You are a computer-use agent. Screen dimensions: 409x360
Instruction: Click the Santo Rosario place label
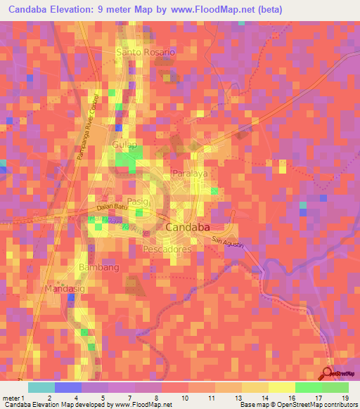[145, 53]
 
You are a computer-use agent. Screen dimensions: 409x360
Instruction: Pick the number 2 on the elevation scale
[49, 398]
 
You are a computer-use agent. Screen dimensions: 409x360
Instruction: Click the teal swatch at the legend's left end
[41, 387]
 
